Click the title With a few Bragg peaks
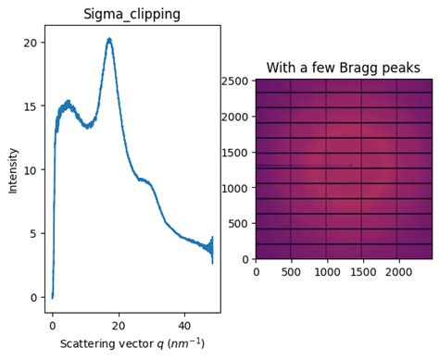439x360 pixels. coord(343,68)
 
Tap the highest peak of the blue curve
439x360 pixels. coord(109,39)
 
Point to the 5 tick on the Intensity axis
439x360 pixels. coord(33,233)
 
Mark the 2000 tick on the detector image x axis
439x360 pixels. coord(397,272)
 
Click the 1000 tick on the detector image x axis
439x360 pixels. coord(326,272)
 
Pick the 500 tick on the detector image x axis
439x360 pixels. coord(291,272)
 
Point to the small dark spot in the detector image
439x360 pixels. coord(350,165)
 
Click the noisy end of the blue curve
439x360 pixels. coord(211,248)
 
